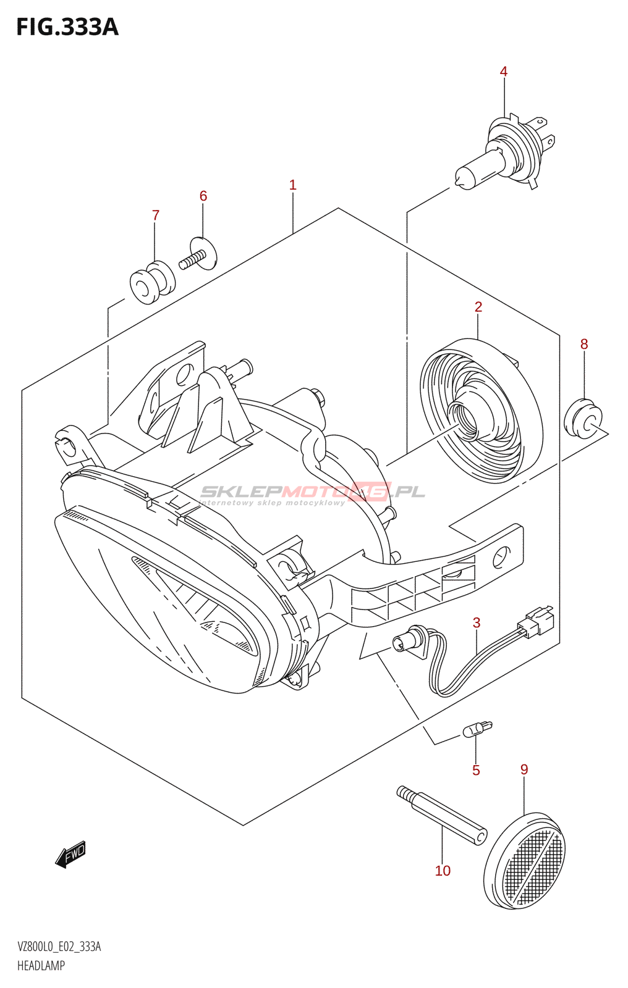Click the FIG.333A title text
[67, 27]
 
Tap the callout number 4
[504, 72]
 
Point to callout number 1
[293, 185]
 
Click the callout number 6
[203, 196]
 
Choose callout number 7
[156, 215]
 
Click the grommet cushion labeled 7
[152, 283]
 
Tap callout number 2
[478, 307]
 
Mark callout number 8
[584, 344]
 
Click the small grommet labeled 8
[583, 420]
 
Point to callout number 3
[477, 622]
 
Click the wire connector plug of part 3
[536, 621]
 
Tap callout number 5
[476, 770]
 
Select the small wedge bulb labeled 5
[477, 729]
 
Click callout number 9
[524, 769]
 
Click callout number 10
[443, 871]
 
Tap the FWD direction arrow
[70, 855]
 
